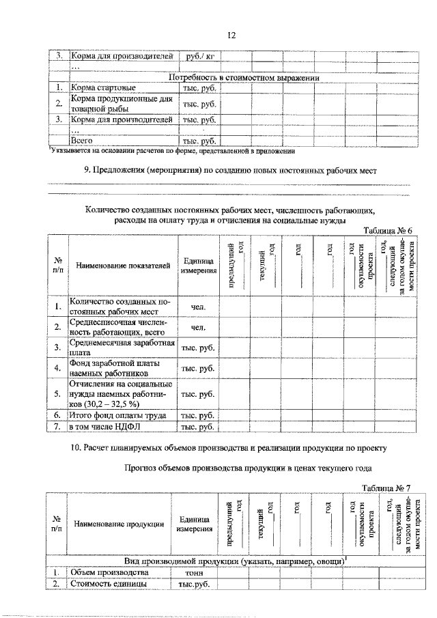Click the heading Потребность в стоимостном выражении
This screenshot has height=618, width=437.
point(244,78)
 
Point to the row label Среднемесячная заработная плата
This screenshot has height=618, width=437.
point(122,347)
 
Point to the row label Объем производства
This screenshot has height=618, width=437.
point(109,572)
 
